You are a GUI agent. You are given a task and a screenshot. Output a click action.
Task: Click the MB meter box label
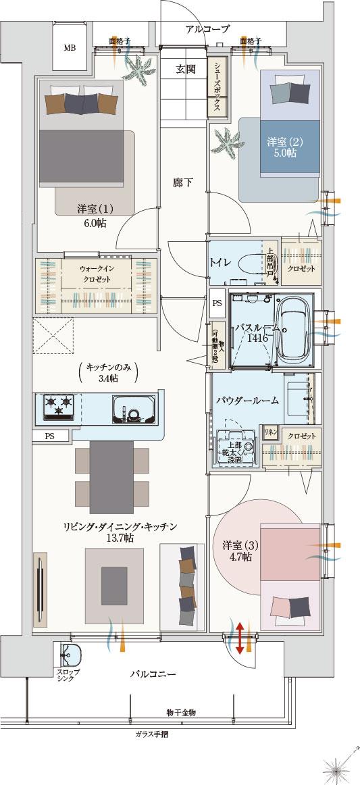(70, 48)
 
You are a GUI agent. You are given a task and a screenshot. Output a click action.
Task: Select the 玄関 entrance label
(186, 69)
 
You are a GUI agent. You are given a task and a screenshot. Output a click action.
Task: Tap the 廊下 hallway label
(182, 182)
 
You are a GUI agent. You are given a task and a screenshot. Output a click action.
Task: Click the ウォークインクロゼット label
(99, 284)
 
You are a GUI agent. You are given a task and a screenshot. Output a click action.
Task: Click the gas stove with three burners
(58, 407)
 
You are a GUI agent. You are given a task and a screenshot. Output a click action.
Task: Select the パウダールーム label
(247, 401)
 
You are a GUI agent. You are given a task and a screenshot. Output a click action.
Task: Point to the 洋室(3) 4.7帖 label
(237, 551)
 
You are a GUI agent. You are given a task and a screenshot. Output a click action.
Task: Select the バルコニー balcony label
(153, 674)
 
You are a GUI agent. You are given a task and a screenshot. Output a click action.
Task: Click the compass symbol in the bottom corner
(337, 765)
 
